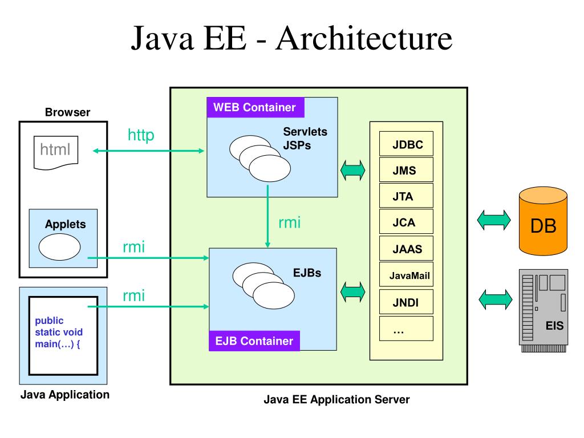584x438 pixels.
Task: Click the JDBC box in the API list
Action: coord(407,145)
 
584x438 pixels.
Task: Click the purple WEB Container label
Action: coord(255,107)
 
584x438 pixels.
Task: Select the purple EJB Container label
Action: coord(254,341)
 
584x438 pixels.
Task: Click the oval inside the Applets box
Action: coord(59,248)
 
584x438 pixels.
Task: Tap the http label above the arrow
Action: coord(140,135)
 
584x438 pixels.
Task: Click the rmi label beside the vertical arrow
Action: coord(289,223)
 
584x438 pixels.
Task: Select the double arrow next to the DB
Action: coord(494,220)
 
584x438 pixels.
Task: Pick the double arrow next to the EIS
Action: coord(494,299)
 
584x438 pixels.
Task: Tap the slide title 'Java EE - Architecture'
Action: coord(291,40)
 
